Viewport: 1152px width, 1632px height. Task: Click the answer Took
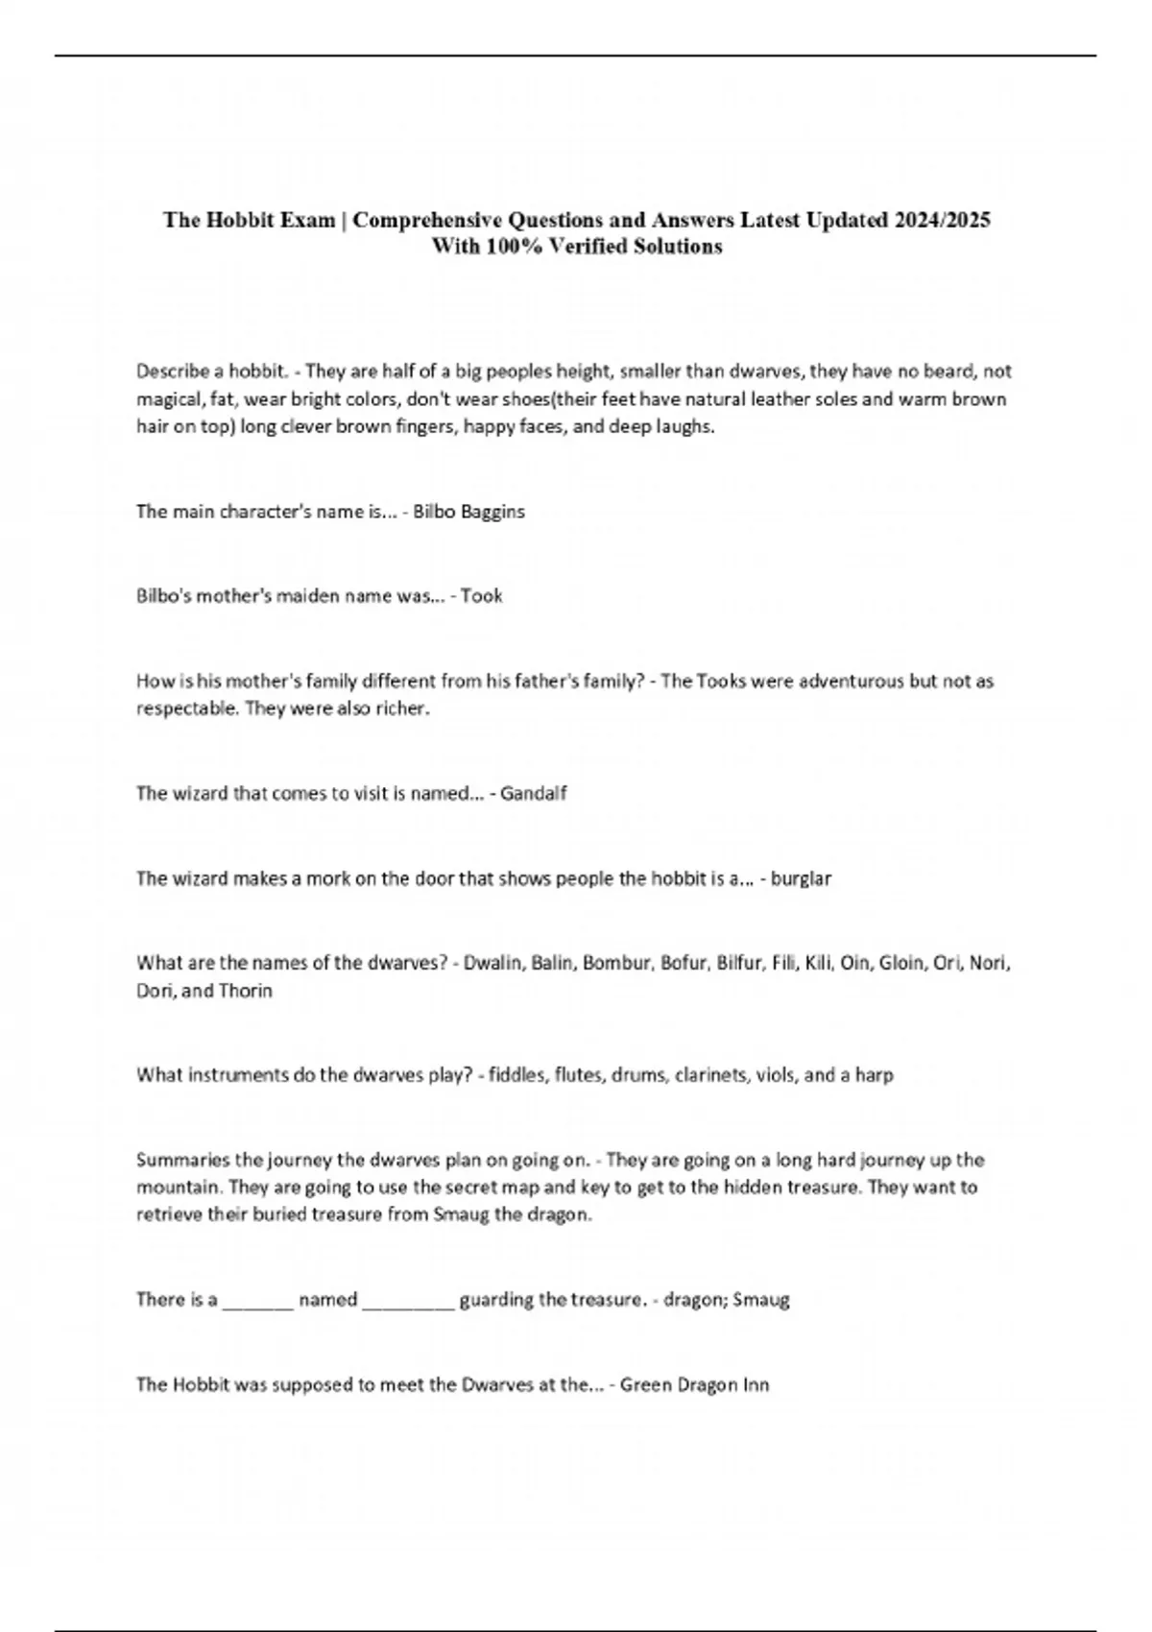482,596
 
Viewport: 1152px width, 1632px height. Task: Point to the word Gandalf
534,794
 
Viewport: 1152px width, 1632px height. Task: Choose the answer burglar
801,878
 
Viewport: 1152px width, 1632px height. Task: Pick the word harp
875,1075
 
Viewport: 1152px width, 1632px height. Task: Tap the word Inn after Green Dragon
756,1385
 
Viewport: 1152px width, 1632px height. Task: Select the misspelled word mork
327,878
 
